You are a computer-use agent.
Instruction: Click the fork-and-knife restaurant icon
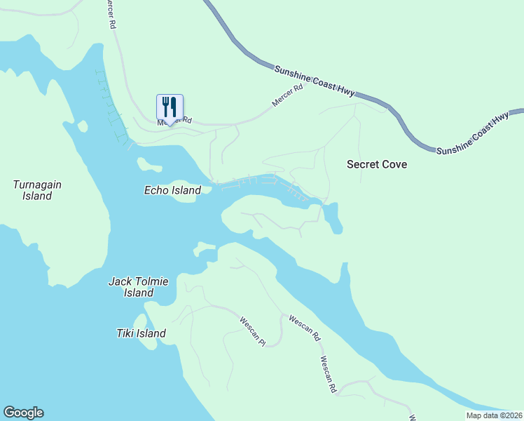click(170, 107)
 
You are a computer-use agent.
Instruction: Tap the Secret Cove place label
click(377, 164)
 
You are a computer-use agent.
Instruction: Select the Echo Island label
click(172, 190)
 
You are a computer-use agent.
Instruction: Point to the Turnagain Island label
click(37, 190)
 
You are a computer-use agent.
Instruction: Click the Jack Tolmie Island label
click(139, 287)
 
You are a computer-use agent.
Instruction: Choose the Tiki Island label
click(142, 333)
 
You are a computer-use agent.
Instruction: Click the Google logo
click(23, 413)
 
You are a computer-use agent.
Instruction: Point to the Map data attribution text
click(494, 415)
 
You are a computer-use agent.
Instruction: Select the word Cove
click(395, 164)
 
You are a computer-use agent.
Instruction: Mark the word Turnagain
click(37, 185)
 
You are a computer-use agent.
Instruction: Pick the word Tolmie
click(151, 281)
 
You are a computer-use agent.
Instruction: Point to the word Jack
click(120, 281)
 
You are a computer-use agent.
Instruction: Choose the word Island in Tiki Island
click(152, 333)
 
